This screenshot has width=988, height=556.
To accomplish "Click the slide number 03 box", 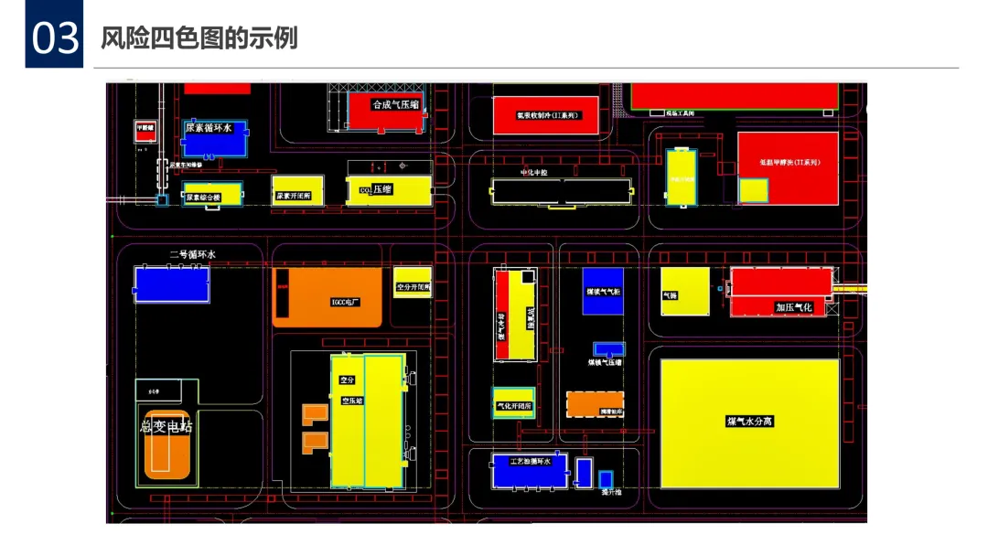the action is pyautogui.click(x=54, y=38).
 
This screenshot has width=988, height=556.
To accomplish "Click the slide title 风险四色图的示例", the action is pyautogui.click(x=199, y=38).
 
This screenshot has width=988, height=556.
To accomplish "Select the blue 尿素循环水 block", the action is pyautogui.click(x=215, y=137).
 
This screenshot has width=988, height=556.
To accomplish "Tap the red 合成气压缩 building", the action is pyautogui.click(x=384, y=112).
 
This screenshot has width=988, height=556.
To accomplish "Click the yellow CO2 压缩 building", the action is pyautogui.click(x=389, y=190).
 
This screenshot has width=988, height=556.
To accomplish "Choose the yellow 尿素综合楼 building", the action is pyautogui.click(x=211, y=194).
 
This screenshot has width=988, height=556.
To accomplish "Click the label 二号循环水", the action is pyautogui.click(x=192, y=254).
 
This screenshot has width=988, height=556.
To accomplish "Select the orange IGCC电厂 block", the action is pyautogui.click(x=328, y=297).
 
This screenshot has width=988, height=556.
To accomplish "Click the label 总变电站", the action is pyautogui.click(x=166, y=426).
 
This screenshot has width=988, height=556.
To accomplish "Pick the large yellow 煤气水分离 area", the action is pyautogui.click(x=749, y=423).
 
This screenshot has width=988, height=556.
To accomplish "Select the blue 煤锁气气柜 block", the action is pyautogui.click(x=603, y=291).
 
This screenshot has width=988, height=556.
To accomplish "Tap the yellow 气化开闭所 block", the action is pyautogui.click(x=513, y=402).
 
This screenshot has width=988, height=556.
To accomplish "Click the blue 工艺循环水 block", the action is pyautogui.click(x=530, y=470).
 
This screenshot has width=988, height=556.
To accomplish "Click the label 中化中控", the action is pyautogui.click(x=533, y=172).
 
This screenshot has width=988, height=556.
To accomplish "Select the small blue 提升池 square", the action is pyautogui.click(x=605, y=478).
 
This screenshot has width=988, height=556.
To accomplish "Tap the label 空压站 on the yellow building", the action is pyautogui.click(x=352, y=401).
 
